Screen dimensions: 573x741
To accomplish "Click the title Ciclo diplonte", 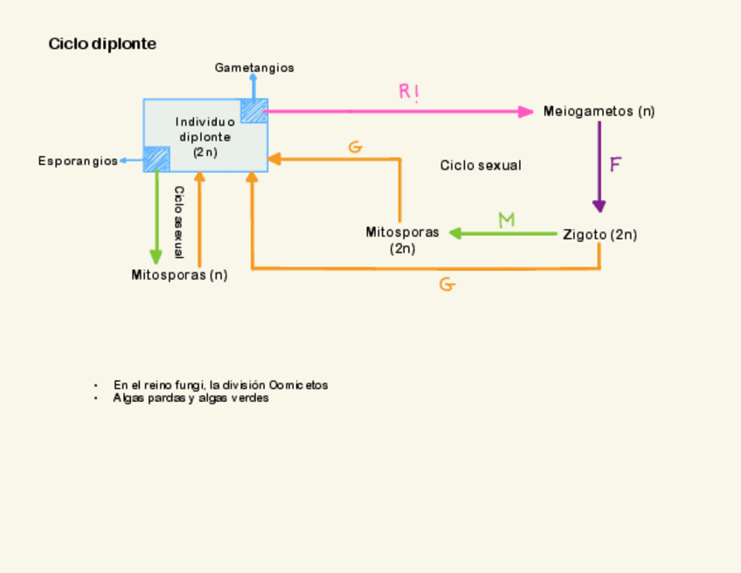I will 102,44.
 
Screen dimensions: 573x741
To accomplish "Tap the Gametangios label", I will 254,67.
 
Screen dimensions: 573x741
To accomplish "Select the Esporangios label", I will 78,161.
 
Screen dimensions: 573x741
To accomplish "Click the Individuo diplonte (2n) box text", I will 205,136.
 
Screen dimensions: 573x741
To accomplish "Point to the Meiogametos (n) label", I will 599,111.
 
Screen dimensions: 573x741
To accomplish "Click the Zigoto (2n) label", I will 599,234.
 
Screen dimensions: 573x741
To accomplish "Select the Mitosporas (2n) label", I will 402,239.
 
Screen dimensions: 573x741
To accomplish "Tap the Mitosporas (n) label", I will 179,274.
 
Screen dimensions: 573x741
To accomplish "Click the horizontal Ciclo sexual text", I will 481,165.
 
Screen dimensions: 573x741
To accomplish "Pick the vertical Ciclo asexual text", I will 178,222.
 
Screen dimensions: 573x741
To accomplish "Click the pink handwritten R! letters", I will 409,91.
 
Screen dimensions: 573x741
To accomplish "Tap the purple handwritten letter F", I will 615,164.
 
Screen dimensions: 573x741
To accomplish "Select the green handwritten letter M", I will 506,220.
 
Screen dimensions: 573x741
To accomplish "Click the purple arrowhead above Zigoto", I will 599,206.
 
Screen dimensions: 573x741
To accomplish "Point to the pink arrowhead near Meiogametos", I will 525,112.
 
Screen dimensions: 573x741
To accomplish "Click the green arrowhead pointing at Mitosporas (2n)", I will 456,233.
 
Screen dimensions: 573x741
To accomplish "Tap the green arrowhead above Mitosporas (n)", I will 156,257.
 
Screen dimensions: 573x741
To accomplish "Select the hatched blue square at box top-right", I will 254,111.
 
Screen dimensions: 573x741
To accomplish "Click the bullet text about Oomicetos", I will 220,384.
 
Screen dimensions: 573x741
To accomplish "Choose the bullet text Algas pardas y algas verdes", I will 190,397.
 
